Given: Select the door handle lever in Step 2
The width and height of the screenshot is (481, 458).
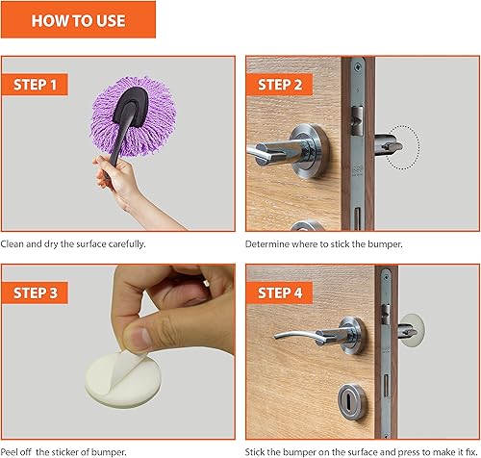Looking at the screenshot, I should (x=289, y=152).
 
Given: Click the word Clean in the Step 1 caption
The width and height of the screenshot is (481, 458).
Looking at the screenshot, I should (x=13, y=244).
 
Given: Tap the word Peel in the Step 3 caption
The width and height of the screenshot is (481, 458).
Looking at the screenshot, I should (x=11, y=449).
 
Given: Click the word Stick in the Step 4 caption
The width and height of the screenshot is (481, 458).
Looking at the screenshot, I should (x=257, y=449).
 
